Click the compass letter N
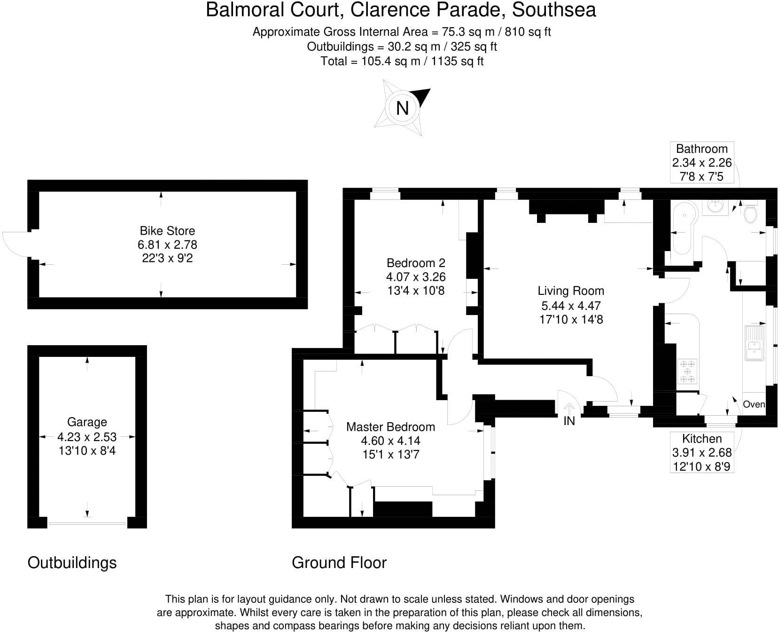point(402,108)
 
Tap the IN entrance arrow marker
point(569,408)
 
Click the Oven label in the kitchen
point(754,404)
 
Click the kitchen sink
point(755,343)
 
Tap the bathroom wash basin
point(715,206)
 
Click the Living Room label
point(571,291)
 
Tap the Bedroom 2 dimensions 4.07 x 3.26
point(416,276)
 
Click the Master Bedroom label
point(390,427)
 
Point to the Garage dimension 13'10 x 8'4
point(87,450)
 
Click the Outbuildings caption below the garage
point(72,562)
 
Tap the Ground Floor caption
point(339,562)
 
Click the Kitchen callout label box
point(702,452)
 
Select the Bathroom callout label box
point(701,162)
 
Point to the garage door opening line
point(87,523)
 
